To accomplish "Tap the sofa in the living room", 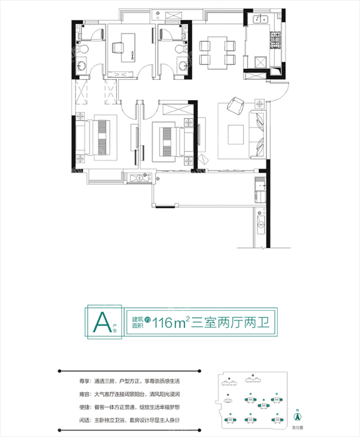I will click(259, 131).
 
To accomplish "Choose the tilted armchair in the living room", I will click(237, 105).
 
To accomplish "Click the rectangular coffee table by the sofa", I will click(236, 132).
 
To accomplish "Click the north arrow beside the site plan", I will click(296, 414).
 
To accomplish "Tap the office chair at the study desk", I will click(131, 53).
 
